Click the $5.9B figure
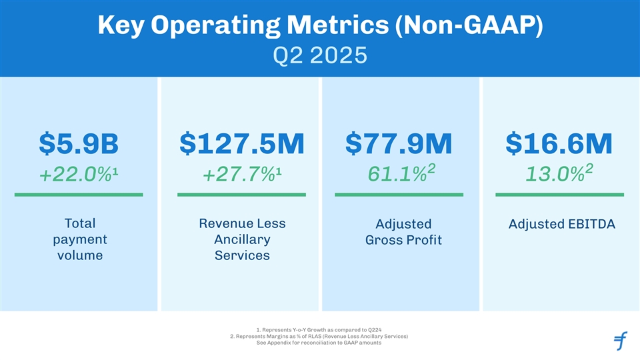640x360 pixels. [79, 143]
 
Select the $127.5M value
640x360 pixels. [241, 143]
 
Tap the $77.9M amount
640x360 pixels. [399, 143]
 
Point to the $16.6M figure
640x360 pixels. [559, 143]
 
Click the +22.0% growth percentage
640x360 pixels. [79, 175]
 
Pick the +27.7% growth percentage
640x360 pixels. [241, 175]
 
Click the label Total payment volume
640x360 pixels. [79, 239]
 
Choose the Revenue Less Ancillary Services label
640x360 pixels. [242, 239]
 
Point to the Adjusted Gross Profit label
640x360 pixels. [403, 232]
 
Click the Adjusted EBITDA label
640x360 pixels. [561, 224]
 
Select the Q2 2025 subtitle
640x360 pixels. [319, 54]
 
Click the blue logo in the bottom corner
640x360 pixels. [620, 341]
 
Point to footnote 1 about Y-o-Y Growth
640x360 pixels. [319, 329]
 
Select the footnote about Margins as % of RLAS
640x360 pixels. [319, 336]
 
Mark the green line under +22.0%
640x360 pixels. [79, 195]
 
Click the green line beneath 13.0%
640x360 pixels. [560, 195]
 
